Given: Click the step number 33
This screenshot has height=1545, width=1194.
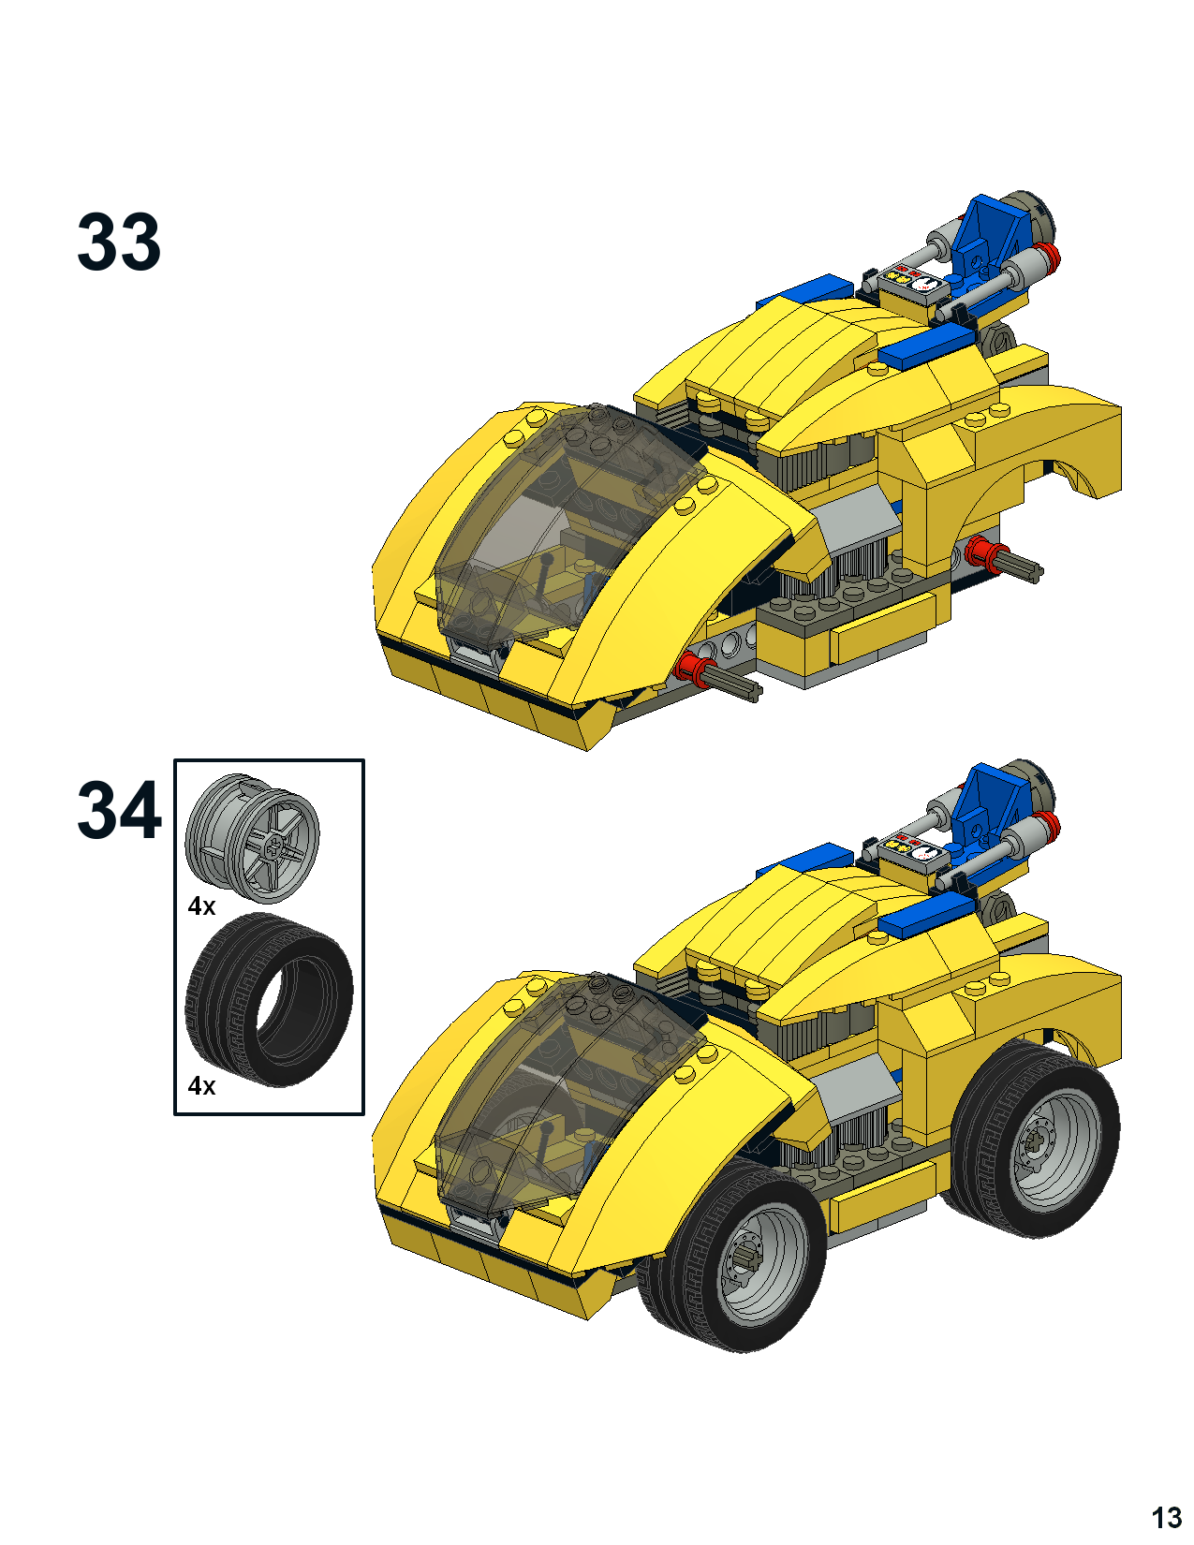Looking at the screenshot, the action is pyautogui.click(x=119, y=242).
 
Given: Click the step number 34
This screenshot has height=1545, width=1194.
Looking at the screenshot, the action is pyautogui.click(x=119, y=811).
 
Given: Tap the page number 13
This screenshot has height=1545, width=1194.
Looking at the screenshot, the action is pyautogui.click(x=1166, y=1518).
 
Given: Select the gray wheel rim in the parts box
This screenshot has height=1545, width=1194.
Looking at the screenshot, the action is pyautogui.click(x=252, y=838).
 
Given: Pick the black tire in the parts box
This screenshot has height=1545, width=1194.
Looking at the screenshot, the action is pyautogui.click(x=269, y=1000).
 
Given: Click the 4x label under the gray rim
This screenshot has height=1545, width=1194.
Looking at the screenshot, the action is pyautogui.click(x=201, y=906).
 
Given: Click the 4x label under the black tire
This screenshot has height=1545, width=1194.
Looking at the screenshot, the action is pyautogui.click(x=201, y=1085).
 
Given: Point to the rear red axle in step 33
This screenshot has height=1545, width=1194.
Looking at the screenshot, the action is pyautogui.click(x=1003, y=560).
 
